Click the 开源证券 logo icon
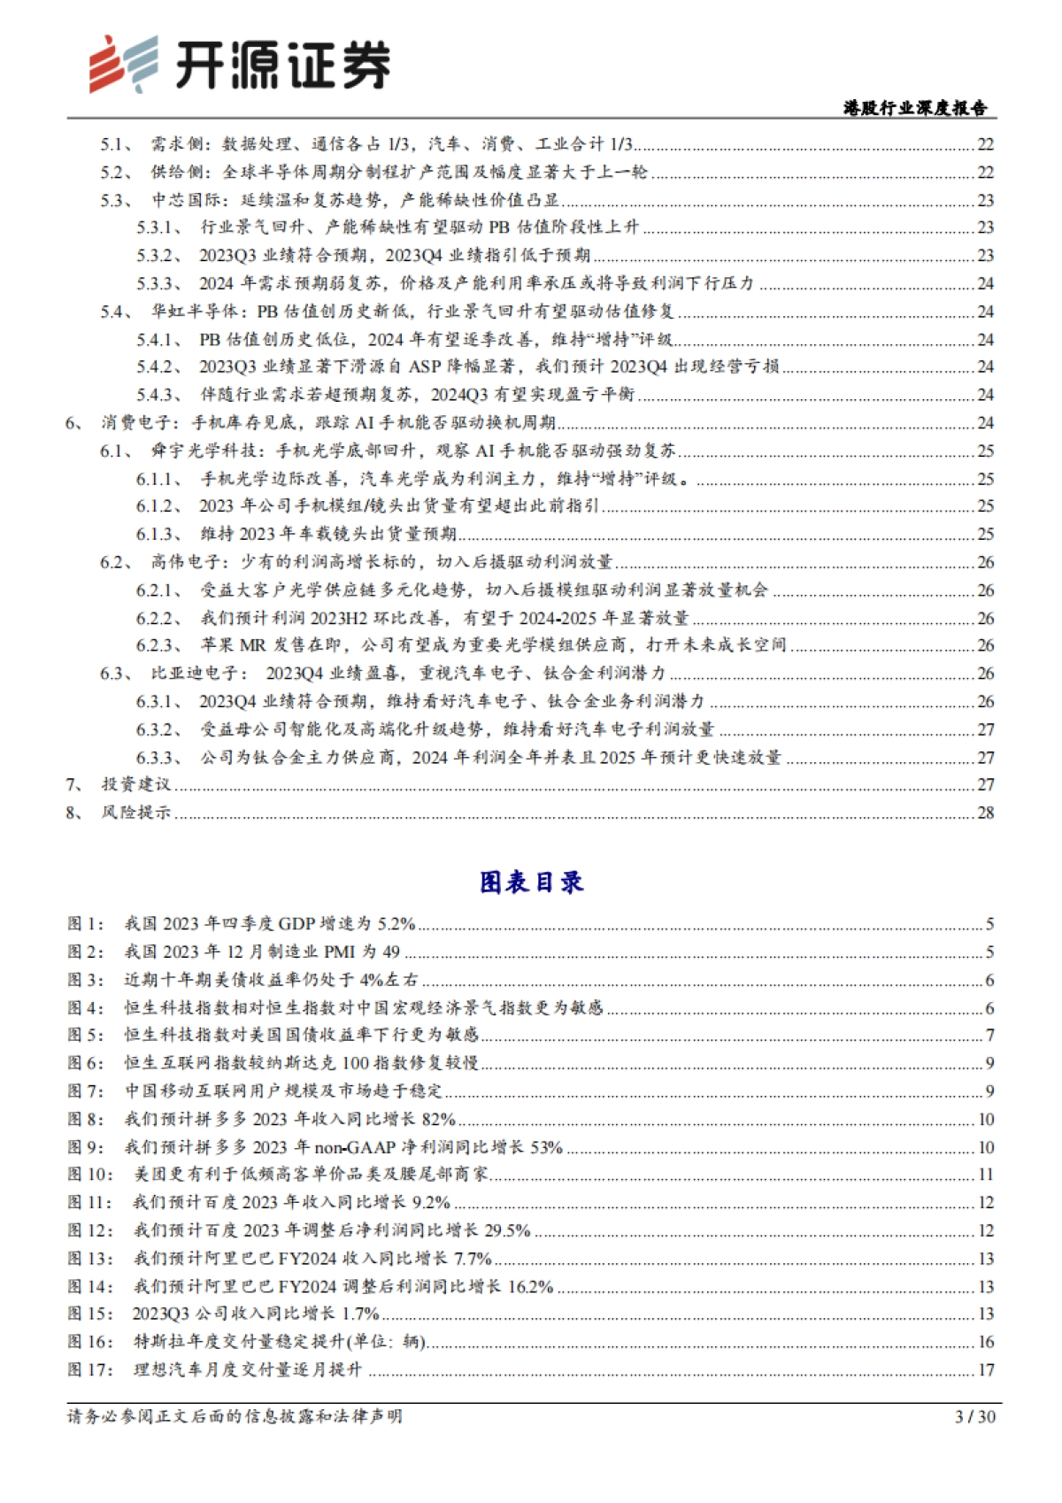coord(122,64)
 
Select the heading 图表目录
coord(531,882)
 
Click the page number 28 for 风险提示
coord(985,813)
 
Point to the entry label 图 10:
coord(90,1175)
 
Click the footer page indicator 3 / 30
coord(975,1416)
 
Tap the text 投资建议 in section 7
coord(135,784)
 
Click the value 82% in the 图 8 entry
coord(438,1119)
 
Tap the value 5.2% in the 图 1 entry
coord(396,924)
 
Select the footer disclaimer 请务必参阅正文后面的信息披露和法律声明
coord(235,1416)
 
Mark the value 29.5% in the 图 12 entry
coord(507,1230)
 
